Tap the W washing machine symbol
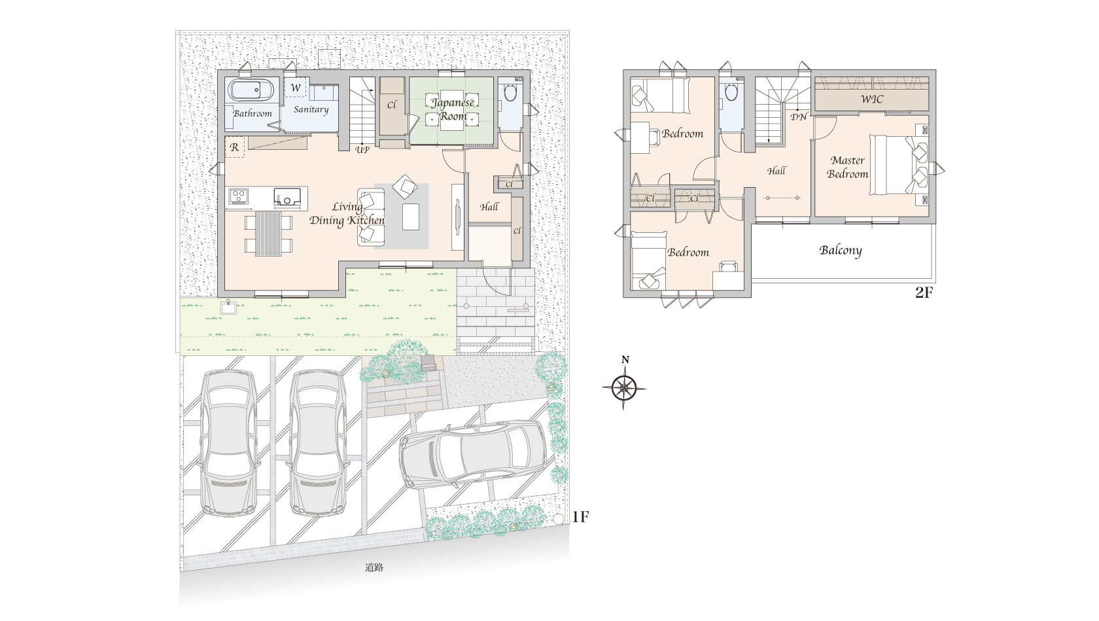[296, 88]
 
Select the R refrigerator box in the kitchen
[234, 147]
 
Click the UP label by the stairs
[362, 150]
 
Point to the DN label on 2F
[798, 117]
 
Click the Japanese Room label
[453, 109]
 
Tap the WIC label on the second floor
[872, 99]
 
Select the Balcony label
[841, 251]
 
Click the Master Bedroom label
[847, 167]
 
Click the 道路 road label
[374, 567]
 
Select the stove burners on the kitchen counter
[238, 196]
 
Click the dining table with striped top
[268, 234]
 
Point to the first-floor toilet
[510, 93]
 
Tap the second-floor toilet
[731, 92]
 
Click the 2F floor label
[924, 293]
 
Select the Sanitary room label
[311, 109]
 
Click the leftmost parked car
[229, 442]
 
